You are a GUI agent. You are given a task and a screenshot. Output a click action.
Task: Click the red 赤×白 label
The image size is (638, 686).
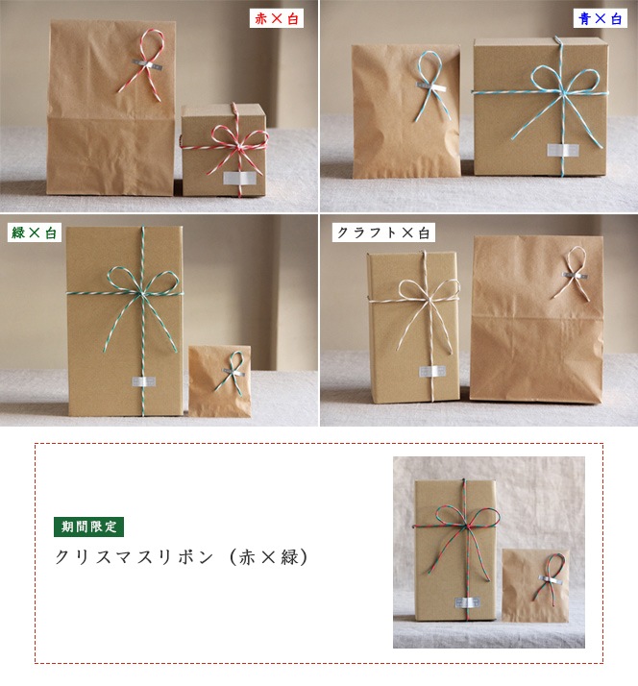[x=277, y=19]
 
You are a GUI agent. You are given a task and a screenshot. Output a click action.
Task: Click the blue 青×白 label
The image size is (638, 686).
[x=600, y=19]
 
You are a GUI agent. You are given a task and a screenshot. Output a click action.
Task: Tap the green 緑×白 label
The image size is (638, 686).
[x=35, y=233]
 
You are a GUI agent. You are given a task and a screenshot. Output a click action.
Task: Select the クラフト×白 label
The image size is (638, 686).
[x=383, y=233]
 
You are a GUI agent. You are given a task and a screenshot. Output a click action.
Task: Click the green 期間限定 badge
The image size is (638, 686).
[x=88, y=527]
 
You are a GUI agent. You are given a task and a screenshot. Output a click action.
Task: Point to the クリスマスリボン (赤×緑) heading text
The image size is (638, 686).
[x=182, y=557]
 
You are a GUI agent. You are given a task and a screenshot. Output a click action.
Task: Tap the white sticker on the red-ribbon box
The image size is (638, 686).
[x=239, y=178]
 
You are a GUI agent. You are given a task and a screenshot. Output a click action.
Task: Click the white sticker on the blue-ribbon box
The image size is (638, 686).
[x=563, y=150]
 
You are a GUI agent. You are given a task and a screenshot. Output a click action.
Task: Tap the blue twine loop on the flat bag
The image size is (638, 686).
[x=432, y=84]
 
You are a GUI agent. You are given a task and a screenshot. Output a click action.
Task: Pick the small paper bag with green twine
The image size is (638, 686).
[x=220, y=380]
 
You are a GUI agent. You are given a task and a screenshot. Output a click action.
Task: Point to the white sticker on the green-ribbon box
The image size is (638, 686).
[x=144, y=381]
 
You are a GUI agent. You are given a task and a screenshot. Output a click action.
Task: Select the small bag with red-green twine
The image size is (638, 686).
[x=535, y=585]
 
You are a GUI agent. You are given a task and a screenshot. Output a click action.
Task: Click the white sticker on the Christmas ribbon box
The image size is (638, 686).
[x=468, y=602]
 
